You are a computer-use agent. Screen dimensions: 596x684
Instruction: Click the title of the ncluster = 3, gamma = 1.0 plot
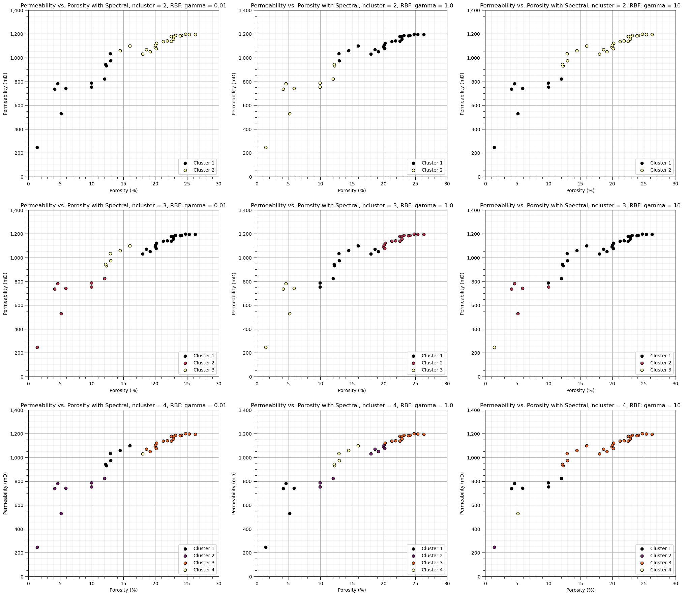click(x=352, y=205)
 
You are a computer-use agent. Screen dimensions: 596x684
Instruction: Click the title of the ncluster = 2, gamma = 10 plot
click(x=580, y=5)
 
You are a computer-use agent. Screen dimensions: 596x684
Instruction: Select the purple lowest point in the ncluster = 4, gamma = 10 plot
click(x=494, y=547)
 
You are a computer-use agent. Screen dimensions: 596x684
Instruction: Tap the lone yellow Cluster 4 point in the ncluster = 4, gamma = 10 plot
click(x=518, y=513)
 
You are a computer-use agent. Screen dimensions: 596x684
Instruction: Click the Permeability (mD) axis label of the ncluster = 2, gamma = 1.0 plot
click(x=234, y=94)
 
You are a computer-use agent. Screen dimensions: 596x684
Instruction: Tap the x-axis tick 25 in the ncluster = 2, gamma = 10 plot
click(x=644, y=184)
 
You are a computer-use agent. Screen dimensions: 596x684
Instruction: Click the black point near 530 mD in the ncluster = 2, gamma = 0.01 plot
click(x=61, y=114)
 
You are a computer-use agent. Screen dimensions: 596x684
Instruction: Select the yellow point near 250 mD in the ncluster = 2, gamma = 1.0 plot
click(x=266, y=147)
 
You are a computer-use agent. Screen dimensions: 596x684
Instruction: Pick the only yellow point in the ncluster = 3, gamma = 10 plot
click(x=494, y=347)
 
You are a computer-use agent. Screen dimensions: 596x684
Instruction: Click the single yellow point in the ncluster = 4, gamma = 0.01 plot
click(x=143, y=454)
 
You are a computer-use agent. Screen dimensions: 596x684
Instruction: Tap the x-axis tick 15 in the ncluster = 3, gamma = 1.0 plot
click(x=352, y=384)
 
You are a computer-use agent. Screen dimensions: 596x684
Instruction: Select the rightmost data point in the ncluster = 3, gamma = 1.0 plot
click(x=424, y=234)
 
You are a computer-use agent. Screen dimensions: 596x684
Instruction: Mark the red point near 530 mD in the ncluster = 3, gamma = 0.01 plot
click(x=61, y=314)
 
